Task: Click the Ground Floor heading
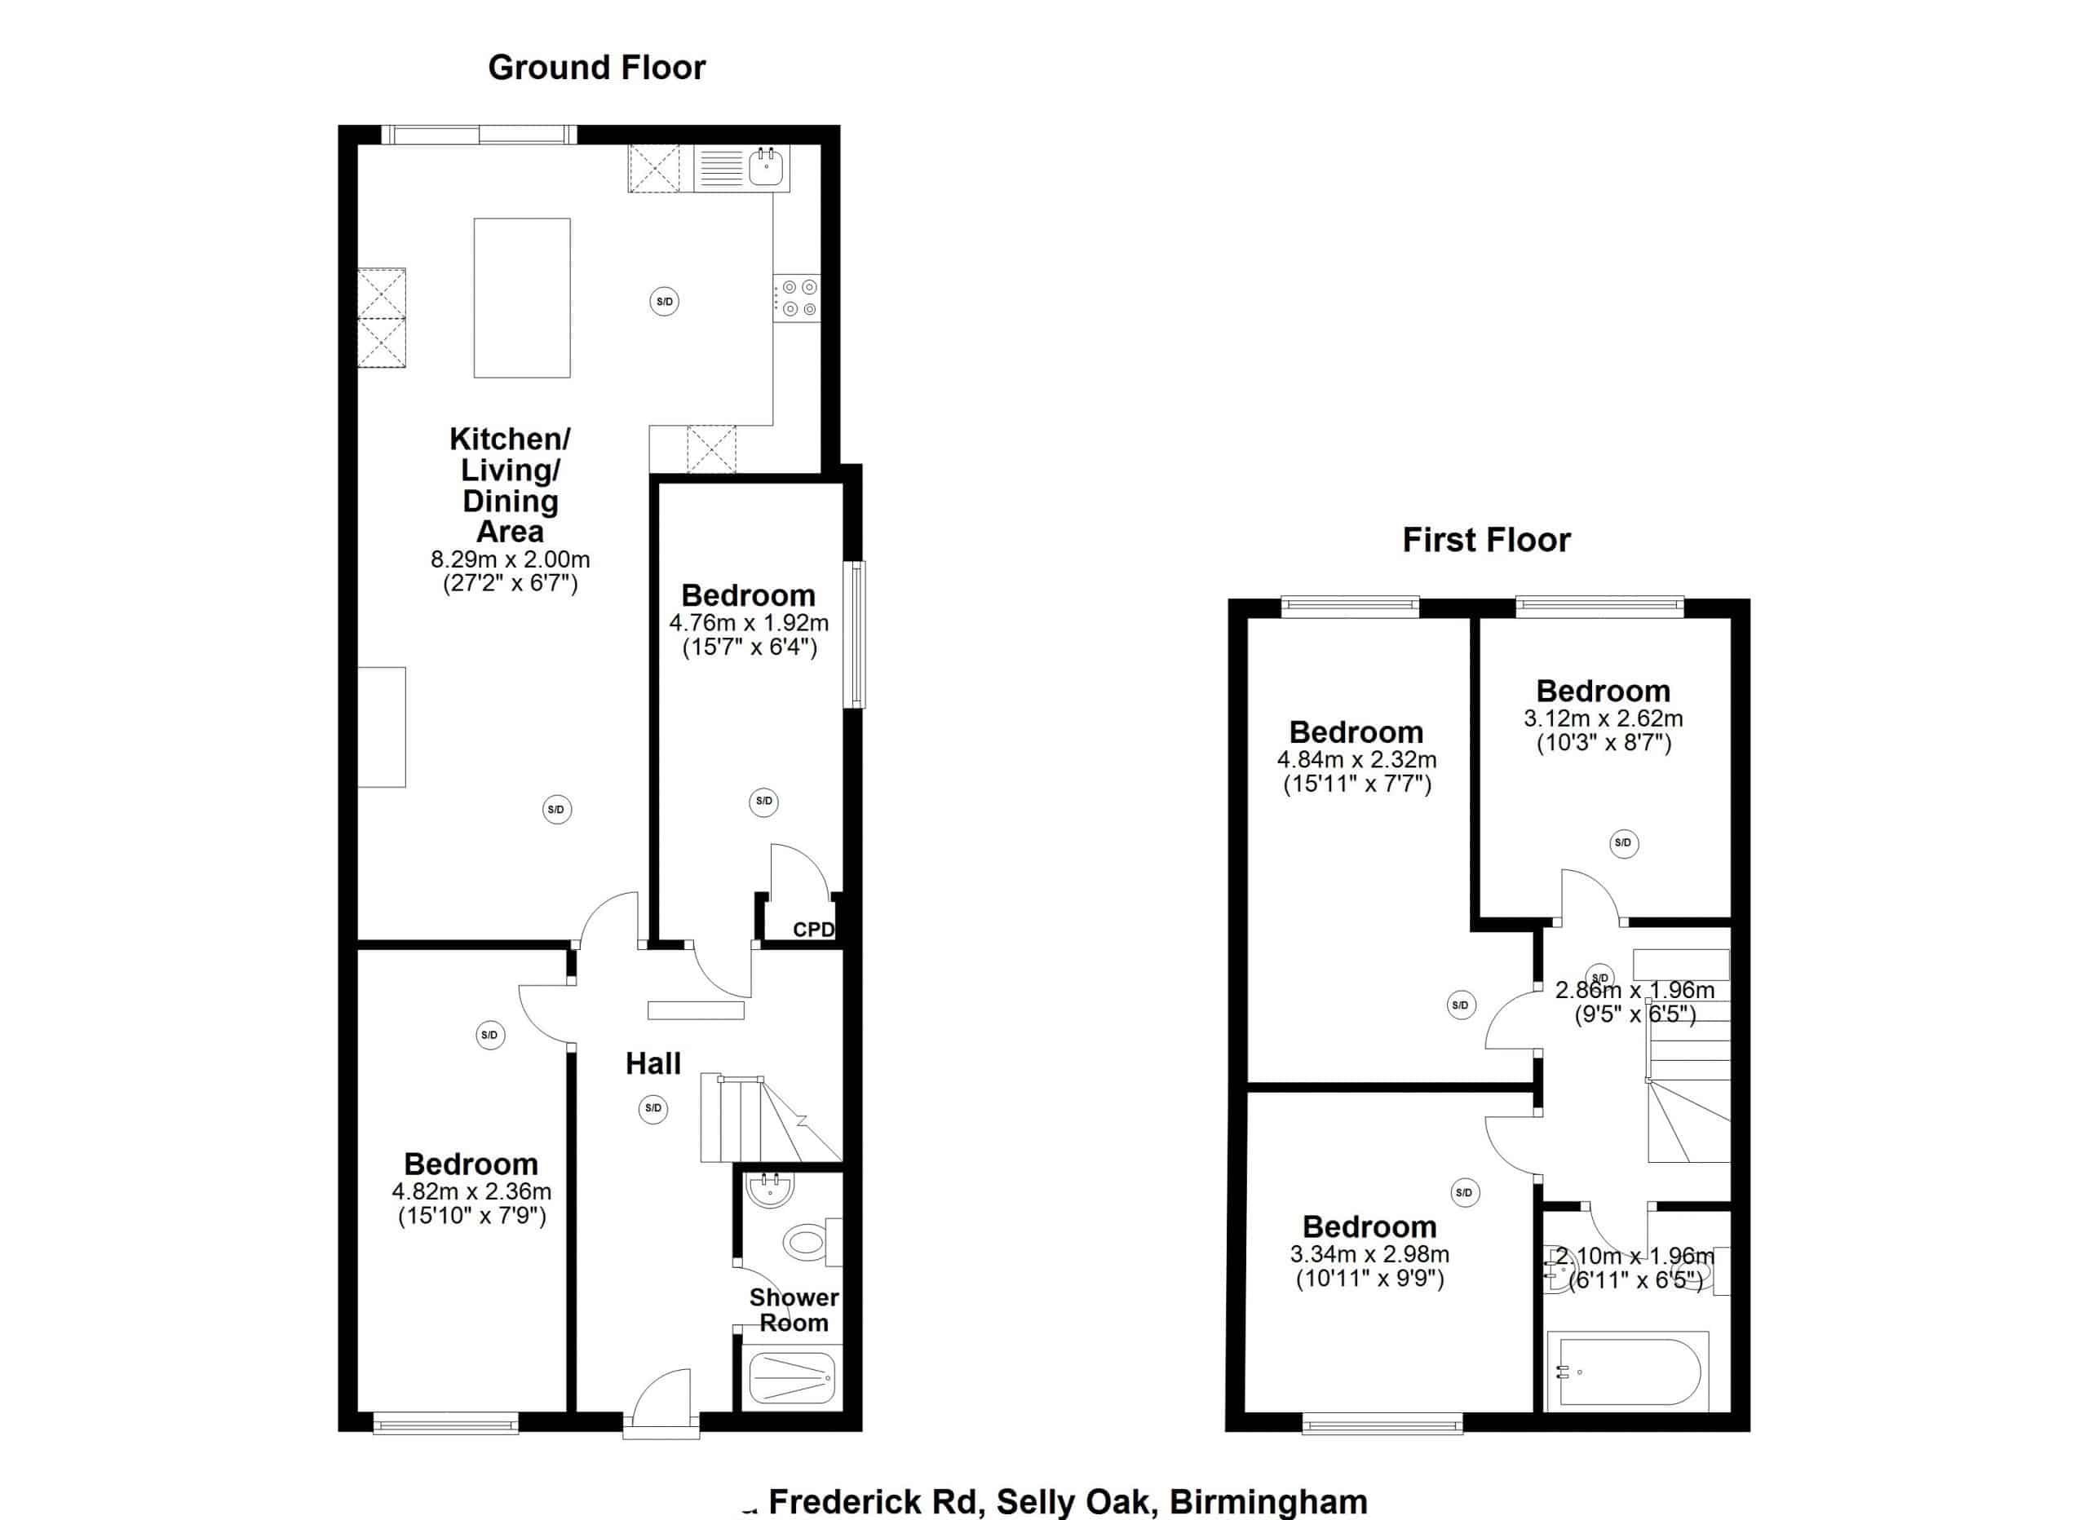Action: point(595,67)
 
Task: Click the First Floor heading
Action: point(1486,540)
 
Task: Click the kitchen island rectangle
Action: point(522,298)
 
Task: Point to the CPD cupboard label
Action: point(813,930)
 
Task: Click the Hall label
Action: point(652,1063)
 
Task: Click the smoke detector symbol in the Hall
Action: point(652,1108)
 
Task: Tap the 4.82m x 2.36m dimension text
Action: point(471,1191)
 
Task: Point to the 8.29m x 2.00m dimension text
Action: point(510,559)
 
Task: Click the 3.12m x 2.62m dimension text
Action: point(1603,718)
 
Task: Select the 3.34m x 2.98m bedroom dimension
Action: point(1369,1254)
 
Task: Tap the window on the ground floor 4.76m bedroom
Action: point(856,634)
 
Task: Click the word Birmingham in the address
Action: point(1267,1501)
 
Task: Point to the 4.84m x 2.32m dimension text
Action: point(1356,759)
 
